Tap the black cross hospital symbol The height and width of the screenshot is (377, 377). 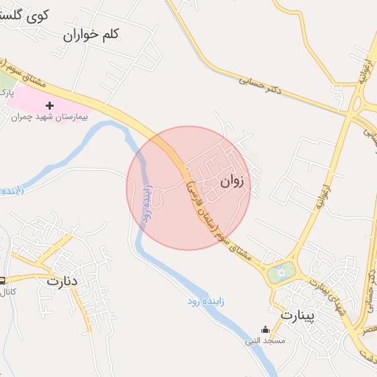coord(50,106)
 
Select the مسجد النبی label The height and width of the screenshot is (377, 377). coord(265,341)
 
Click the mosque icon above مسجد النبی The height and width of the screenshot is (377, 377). coord(265,330)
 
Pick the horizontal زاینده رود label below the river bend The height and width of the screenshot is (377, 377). coord(202,301)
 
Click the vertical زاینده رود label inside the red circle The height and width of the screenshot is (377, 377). coord(147,204)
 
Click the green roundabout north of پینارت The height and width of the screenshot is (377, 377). coord(281,274)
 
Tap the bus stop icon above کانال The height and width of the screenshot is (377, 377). coord(2,281)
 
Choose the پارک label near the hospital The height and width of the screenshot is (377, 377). coord(5,92)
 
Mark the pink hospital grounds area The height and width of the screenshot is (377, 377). coord(33,99)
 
